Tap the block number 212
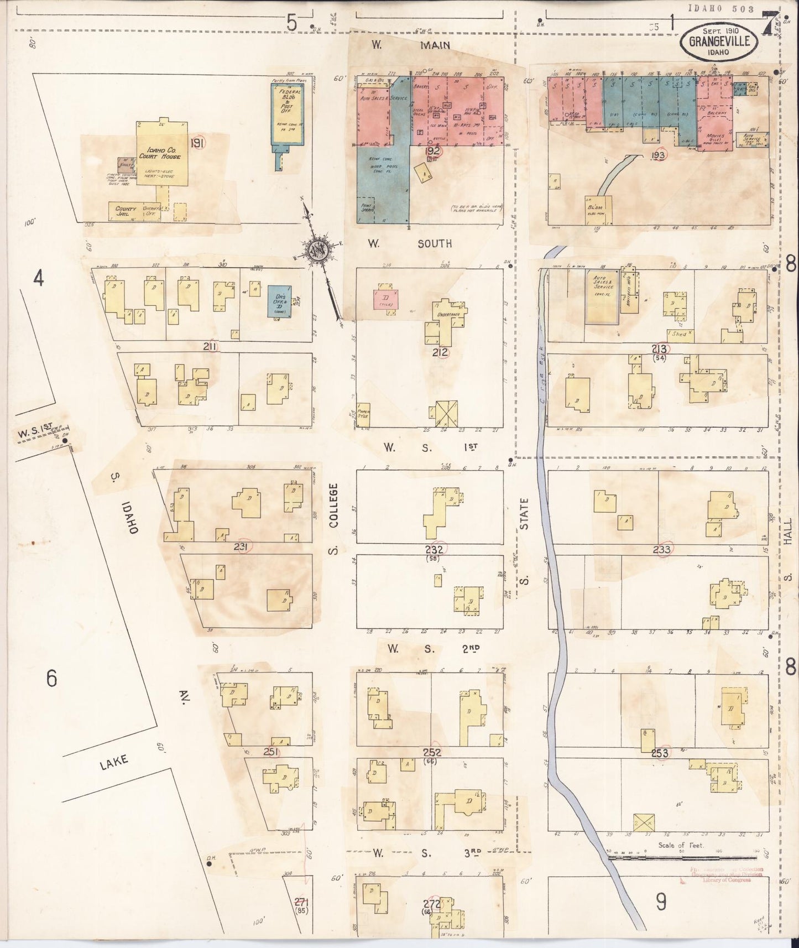pos(441,351)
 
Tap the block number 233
pos(661,549)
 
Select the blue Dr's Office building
pos(280,301)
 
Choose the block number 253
pos(660,753)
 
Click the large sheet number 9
pos(661,902)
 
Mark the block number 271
pos(301,900)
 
